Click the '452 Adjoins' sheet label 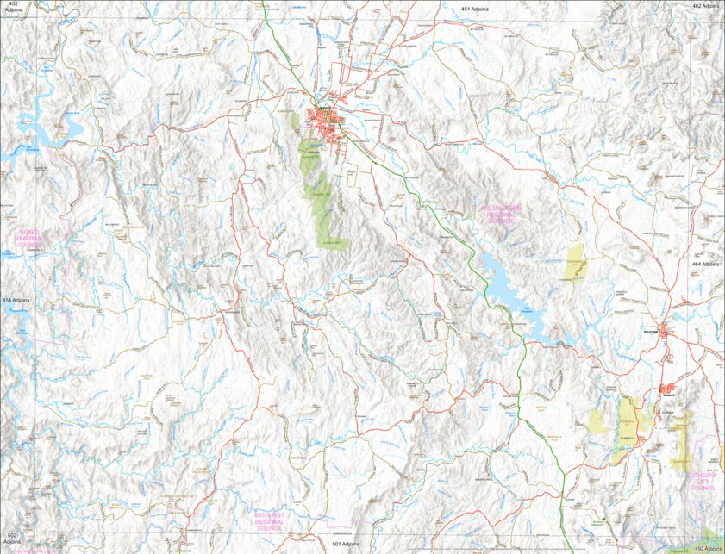13,8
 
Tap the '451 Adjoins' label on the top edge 475,8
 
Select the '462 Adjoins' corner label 705,6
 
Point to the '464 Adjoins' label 705,264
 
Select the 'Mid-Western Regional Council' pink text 501,215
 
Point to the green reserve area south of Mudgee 317,194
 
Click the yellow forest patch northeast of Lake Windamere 574,263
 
